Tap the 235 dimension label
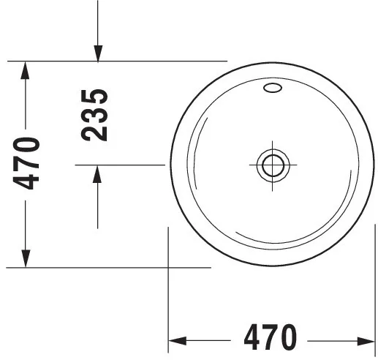pos(96,115)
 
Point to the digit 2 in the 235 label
pos(96,132)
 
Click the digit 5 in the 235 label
pos(96,97)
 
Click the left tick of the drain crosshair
pos(254,165)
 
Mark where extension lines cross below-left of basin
pos(169,268)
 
